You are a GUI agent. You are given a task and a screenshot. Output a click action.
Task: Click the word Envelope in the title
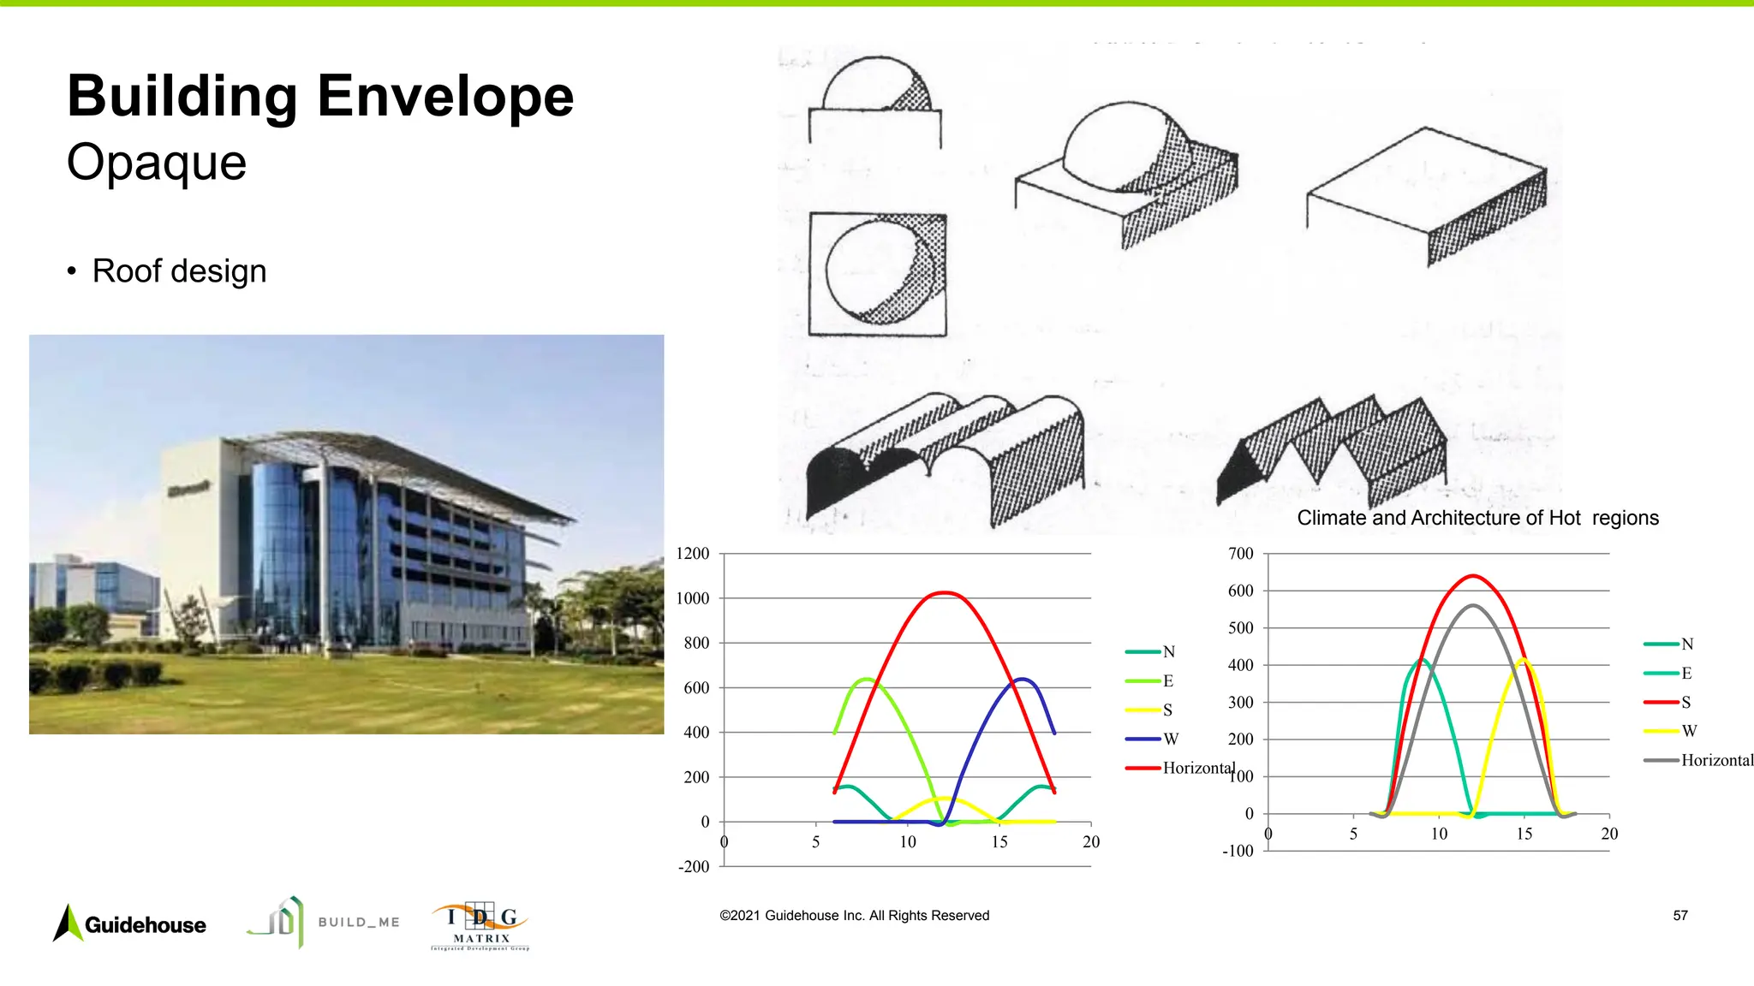coord(445,96)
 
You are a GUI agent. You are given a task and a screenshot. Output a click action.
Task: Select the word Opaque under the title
coord(157,162)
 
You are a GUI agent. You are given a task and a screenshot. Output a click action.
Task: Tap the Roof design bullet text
coord(179,271)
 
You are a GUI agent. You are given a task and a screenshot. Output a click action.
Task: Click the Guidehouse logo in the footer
coord(130,924)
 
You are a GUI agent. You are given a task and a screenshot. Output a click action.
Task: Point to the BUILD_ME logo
coord(324,922)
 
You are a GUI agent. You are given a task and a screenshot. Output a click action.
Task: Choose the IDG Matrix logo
coord(480,925)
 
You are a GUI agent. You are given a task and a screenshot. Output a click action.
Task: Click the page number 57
coord(1680,916)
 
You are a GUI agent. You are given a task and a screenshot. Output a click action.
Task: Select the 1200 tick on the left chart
coord(693,554)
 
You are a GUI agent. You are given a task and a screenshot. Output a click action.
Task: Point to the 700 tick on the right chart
coord(1241,554)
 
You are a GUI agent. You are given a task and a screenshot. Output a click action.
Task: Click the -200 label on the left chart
coord(694,866)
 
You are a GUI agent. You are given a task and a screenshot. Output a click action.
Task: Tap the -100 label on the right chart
coord(1238,851)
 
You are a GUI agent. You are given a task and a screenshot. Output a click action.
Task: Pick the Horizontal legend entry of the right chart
coord(1716,760)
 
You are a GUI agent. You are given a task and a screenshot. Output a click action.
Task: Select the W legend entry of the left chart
coord(1171,739)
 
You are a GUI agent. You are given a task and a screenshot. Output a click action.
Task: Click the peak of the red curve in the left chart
coord(944,592)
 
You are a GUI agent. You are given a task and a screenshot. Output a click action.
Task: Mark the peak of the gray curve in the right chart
coord(1473,605)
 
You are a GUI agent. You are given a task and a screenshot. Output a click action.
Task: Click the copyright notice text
coord(854,916)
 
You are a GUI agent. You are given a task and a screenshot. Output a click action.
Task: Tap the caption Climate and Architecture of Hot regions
coord(1477,518)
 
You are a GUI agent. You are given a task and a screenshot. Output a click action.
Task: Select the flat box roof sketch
coord(1427,195)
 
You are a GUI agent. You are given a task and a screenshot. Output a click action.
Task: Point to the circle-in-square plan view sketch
coord(878,274)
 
